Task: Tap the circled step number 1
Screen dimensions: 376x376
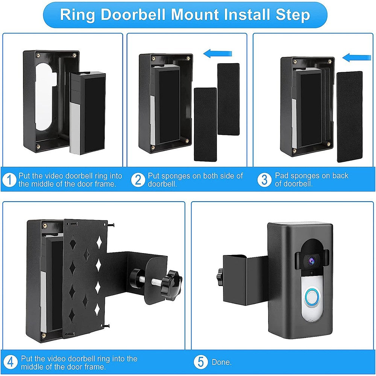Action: pyautogui.click(x=9, y=180)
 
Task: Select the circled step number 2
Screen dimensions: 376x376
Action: pyautogui.click(x=138, y=180)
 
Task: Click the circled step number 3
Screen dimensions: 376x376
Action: pyautogui.click(x=264, y=180)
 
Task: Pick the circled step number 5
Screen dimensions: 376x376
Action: pyautogui.click(x=201, y=362)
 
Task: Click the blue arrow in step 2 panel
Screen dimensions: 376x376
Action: pyautogui.click(x=218, y=54)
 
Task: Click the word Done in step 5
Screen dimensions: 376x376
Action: pyautogui.click(x=221, y=362)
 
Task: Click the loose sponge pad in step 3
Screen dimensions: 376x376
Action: pyautogui.click(x=349, y=117)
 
